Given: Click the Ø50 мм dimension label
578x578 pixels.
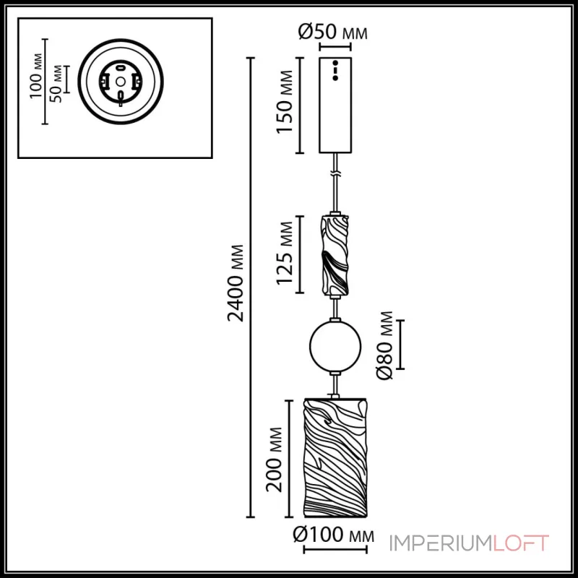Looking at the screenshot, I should click(332, 33).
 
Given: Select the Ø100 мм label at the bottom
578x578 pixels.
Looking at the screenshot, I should click(333, 536).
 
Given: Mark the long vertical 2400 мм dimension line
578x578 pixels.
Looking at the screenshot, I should click(251, 289).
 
